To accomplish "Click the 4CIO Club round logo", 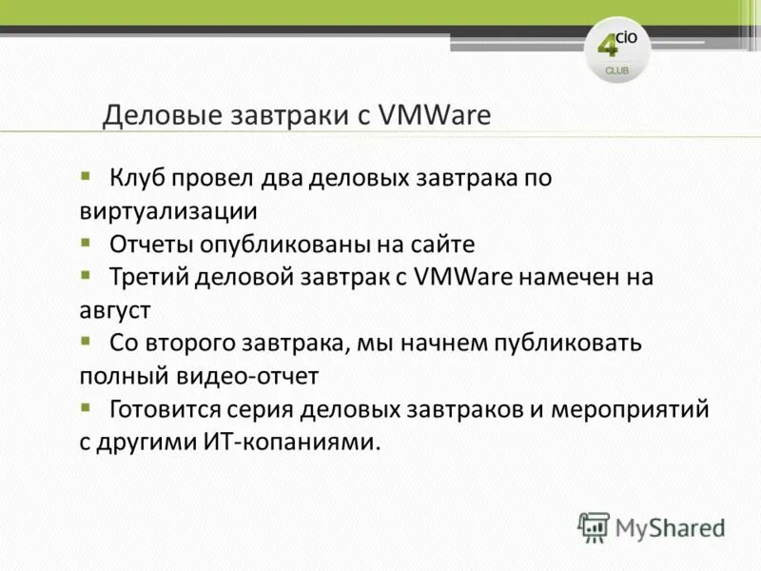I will (617, 49).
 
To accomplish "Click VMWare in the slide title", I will (435, 115).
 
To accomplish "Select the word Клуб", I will (140, 178).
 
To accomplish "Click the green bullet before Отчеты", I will (86, 241).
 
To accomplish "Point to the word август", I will (115, 309).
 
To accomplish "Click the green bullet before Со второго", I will (86, 340).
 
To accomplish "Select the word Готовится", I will (165, 409).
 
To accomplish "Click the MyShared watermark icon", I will (594, 527).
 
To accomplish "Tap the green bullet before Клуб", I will (86, 175).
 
